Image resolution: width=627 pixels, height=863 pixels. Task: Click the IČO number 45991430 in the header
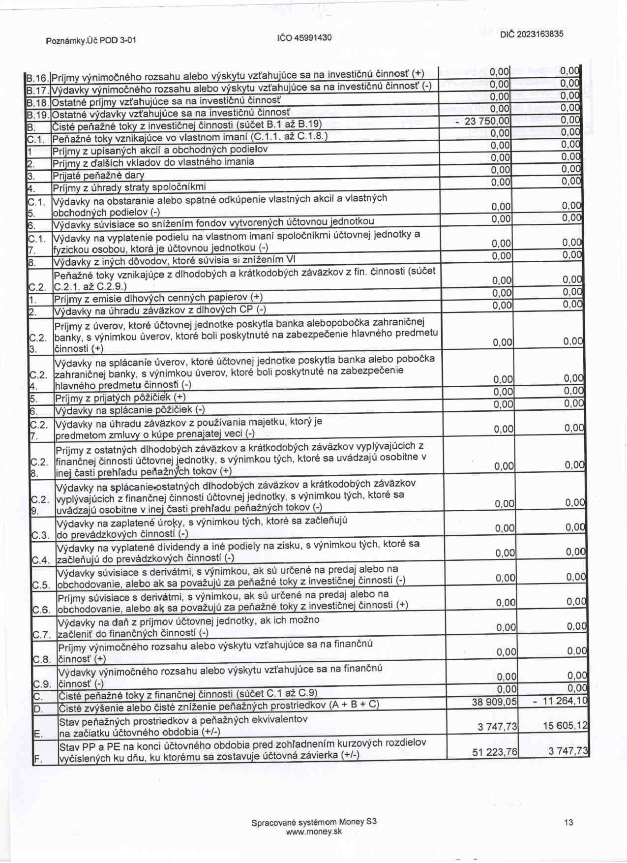[304, 37]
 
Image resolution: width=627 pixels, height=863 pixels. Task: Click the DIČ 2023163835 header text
[532, 34]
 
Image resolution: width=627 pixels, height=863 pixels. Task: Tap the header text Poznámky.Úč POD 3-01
[91, 40]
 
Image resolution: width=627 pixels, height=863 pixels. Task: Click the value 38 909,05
[494, 702]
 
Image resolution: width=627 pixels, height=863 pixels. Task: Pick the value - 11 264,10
[561, 701]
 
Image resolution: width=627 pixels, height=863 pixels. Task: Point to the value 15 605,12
[565, 726]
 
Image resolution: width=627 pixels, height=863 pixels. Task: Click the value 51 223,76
[495, 752]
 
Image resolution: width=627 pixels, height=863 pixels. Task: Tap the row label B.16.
[37, 78]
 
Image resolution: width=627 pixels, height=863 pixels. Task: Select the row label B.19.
[37, 115]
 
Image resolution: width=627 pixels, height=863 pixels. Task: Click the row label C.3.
[41, 535]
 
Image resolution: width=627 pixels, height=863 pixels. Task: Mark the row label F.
[38, 759]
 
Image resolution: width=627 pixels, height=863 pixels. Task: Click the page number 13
[568, 822]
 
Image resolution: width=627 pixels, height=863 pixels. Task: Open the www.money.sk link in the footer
[314, 832]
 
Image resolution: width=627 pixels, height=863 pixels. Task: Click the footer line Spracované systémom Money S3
[314, 822]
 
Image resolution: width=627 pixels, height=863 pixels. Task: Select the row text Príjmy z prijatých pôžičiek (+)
[120, 398]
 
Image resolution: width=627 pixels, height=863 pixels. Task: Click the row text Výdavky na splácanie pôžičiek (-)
[130, 410]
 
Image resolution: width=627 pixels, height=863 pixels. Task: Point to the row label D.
[38, 709]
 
